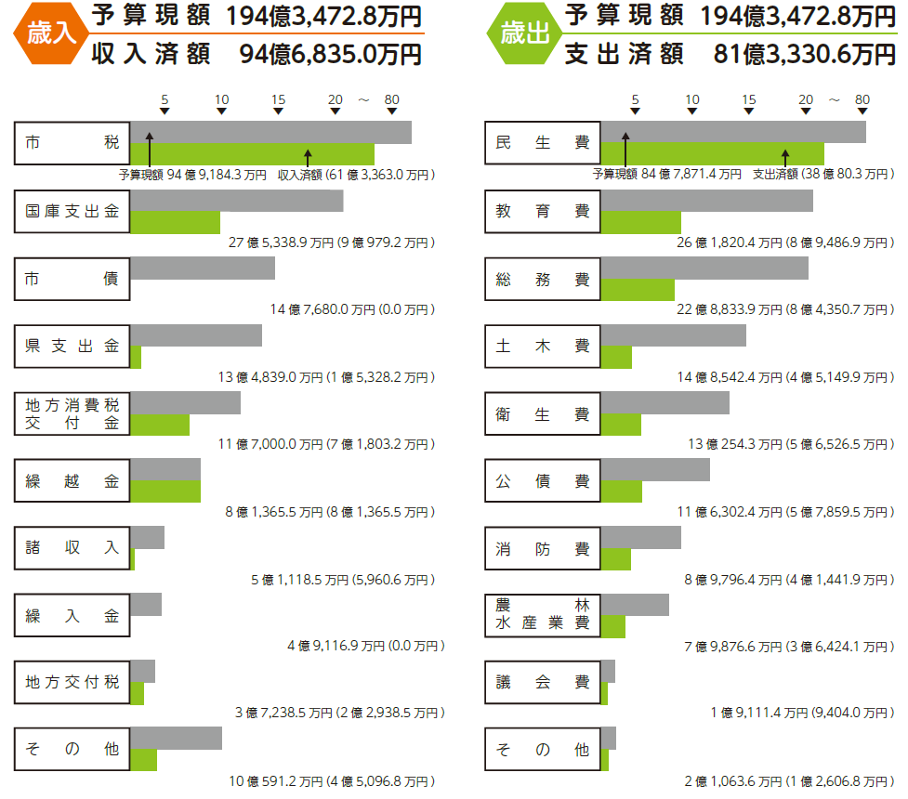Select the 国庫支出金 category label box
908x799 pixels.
tap(72, 211)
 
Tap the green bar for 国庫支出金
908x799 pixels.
tap(175, 222)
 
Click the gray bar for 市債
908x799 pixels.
tap(203, 268)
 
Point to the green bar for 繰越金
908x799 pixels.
tap(165, 491)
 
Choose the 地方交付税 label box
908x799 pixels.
tap(72, 682)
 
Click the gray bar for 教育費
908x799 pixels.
tap(706, 200)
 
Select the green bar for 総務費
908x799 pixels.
tap(638, 289)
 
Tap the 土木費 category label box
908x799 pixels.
tap(543, 346)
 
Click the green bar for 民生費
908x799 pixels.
tap(712, 153)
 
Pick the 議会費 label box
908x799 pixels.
tap(543, 682)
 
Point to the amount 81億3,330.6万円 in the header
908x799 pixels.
tap(805, 55)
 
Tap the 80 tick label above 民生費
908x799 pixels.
tap(862, 99)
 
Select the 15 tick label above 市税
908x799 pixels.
tap(279, 99)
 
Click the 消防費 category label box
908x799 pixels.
tap(543, 548)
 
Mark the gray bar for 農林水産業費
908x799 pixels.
tap(634, 604)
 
